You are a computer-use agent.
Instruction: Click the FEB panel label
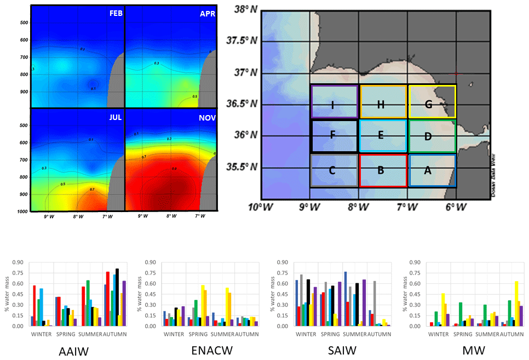[116, 14]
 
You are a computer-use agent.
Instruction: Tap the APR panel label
[208, 14]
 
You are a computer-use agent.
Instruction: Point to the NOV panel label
[206, 117]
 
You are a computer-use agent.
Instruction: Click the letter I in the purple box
[333, 106]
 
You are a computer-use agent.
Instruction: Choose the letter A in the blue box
[429, 170]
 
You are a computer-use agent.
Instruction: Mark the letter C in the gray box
[332, 170]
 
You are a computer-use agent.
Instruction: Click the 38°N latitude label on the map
[245, 9]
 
